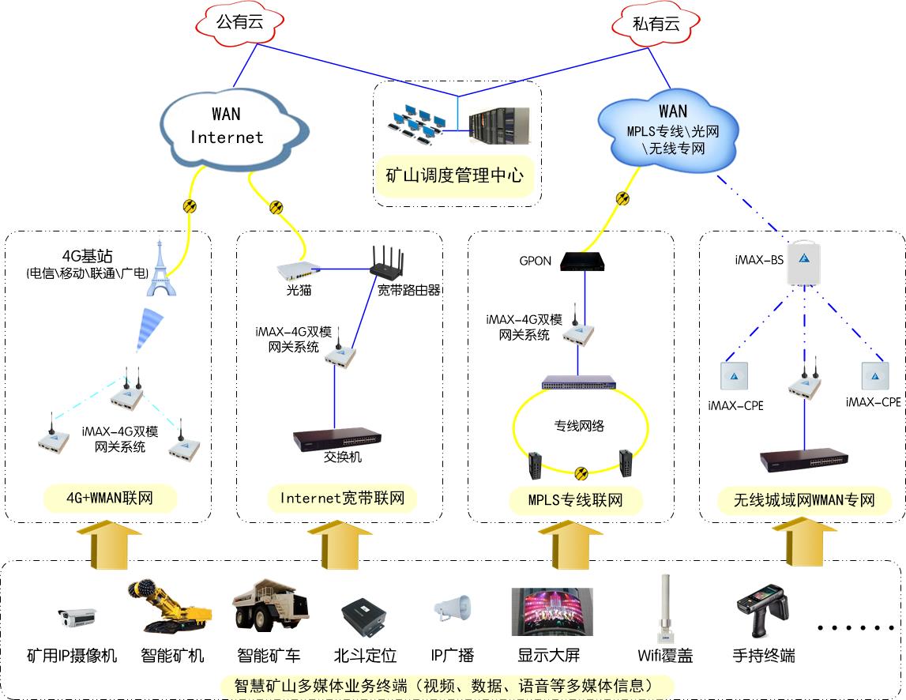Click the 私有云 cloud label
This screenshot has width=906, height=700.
coord(656,24)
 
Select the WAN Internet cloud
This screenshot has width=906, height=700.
coord(226,126)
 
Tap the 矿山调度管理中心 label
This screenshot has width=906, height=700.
coord(454,175)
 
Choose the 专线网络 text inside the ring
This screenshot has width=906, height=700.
coord(578,425)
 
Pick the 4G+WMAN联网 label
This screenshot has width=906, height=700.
coord(110,499)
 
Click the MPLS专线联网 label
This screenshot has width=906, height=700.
coord(575,499)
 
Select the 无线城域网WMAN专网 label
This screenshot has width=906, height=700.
coord(804,499)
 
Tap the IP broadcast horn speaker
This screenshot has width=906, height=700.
coord(453,610)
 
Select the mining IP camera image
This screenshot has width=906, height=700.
coord(77,616)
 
